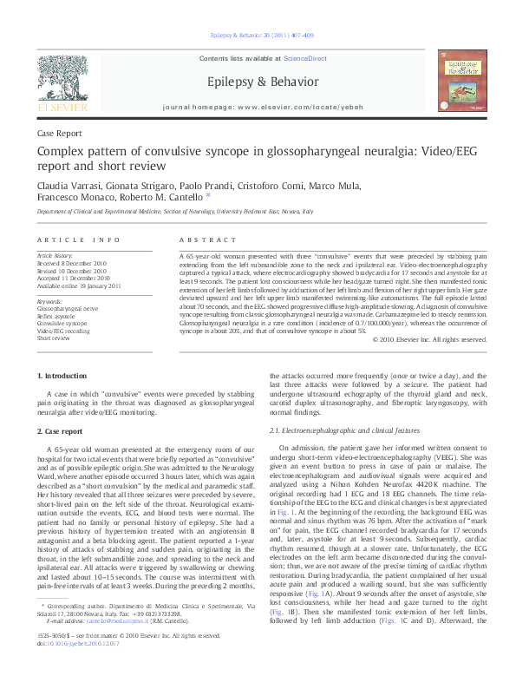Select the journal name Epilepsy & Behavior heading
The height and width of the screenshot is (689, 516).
coord(258,80)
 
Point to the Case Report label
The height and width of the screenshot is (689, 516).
coord(59,134)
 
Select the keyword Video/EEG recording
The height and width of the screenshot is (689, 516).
coord(62,331)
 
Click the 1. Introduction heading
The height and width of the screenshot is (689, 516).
coord(65,375)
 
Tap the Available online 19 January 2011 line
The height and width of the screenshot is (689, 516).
coord(79,285)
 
